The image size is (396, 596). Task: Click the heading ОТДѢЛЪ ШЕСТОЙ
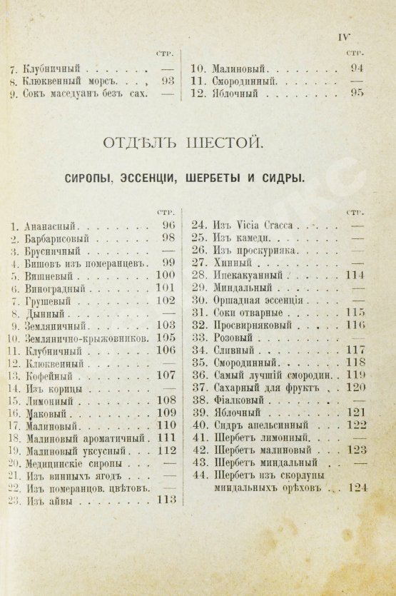[x=198, y=143]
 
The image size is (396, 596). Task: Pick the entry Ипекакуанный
[x=243, y=276]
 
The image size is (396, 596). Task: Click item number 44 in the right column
[x=200, y=475]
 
